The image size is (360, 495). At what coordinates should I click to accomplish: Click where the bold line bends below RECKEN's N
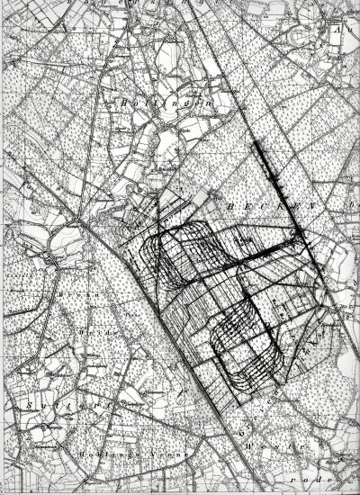(299, 242)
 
